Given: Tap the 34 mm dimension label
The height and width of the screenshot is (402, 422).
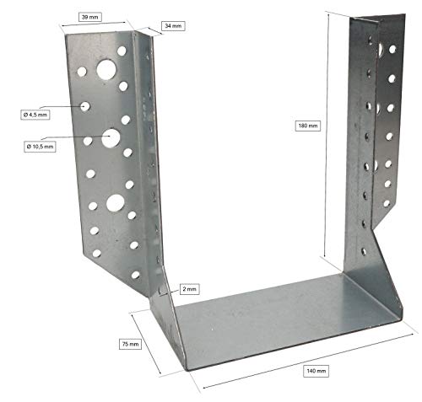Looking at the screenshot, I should coord(172,26).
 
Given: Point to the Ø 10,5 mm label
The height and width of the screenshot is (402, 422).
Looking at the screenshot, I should coord(40,146).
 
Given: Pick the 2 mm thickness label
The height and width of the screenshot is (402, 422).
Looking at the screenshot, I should coord(188,288).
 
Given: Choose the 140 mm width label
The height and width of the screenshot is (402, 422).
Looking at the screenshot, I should coord(315,370).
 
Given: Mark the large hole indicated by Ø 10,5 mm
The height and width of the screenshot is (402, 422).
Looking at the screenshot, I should coord(111,136).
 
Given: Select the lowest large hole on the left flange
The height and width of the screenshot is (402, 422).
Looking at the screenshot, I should coord(112,201).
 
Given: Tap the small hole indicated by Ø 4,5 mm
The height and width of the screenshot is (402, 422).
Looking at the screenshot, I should coord(86,106).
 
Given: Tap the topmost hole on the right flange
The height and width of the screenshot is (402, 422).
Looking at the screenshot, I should coord(392,49).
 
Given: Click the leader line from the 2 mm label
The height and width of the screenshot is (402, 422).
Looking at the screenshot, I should coord(173,290).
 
